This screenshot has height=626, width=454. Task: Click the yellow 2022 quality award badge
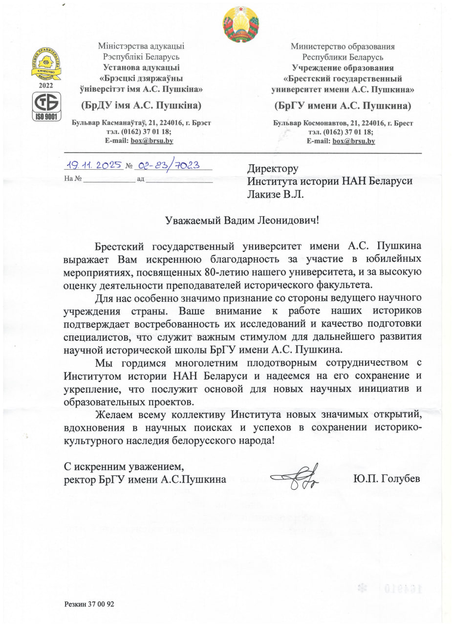[x=46, y=64]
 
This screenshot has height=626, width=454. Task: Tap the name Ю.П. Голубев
[x=386, y=478]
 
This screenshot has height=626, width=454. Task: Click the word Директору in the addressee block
[x=272, y=169]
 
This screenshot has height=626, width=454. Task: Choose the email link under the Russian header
[x=353, y=141]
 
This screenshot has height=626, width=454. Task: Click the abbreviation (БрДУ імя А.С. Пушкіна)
[x=141, y=106]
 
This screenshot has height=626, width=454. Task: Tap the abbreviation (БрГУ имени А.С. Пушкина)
[x=343, y=106]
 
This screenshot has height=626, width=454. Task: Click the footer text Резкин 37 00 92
[x=89, y=604]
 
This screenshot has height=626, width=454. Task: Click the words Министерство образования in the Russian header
[x=343, y=47]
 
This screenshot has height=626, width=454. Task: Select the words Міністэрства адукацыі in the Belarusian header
[x=141, y=47]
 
